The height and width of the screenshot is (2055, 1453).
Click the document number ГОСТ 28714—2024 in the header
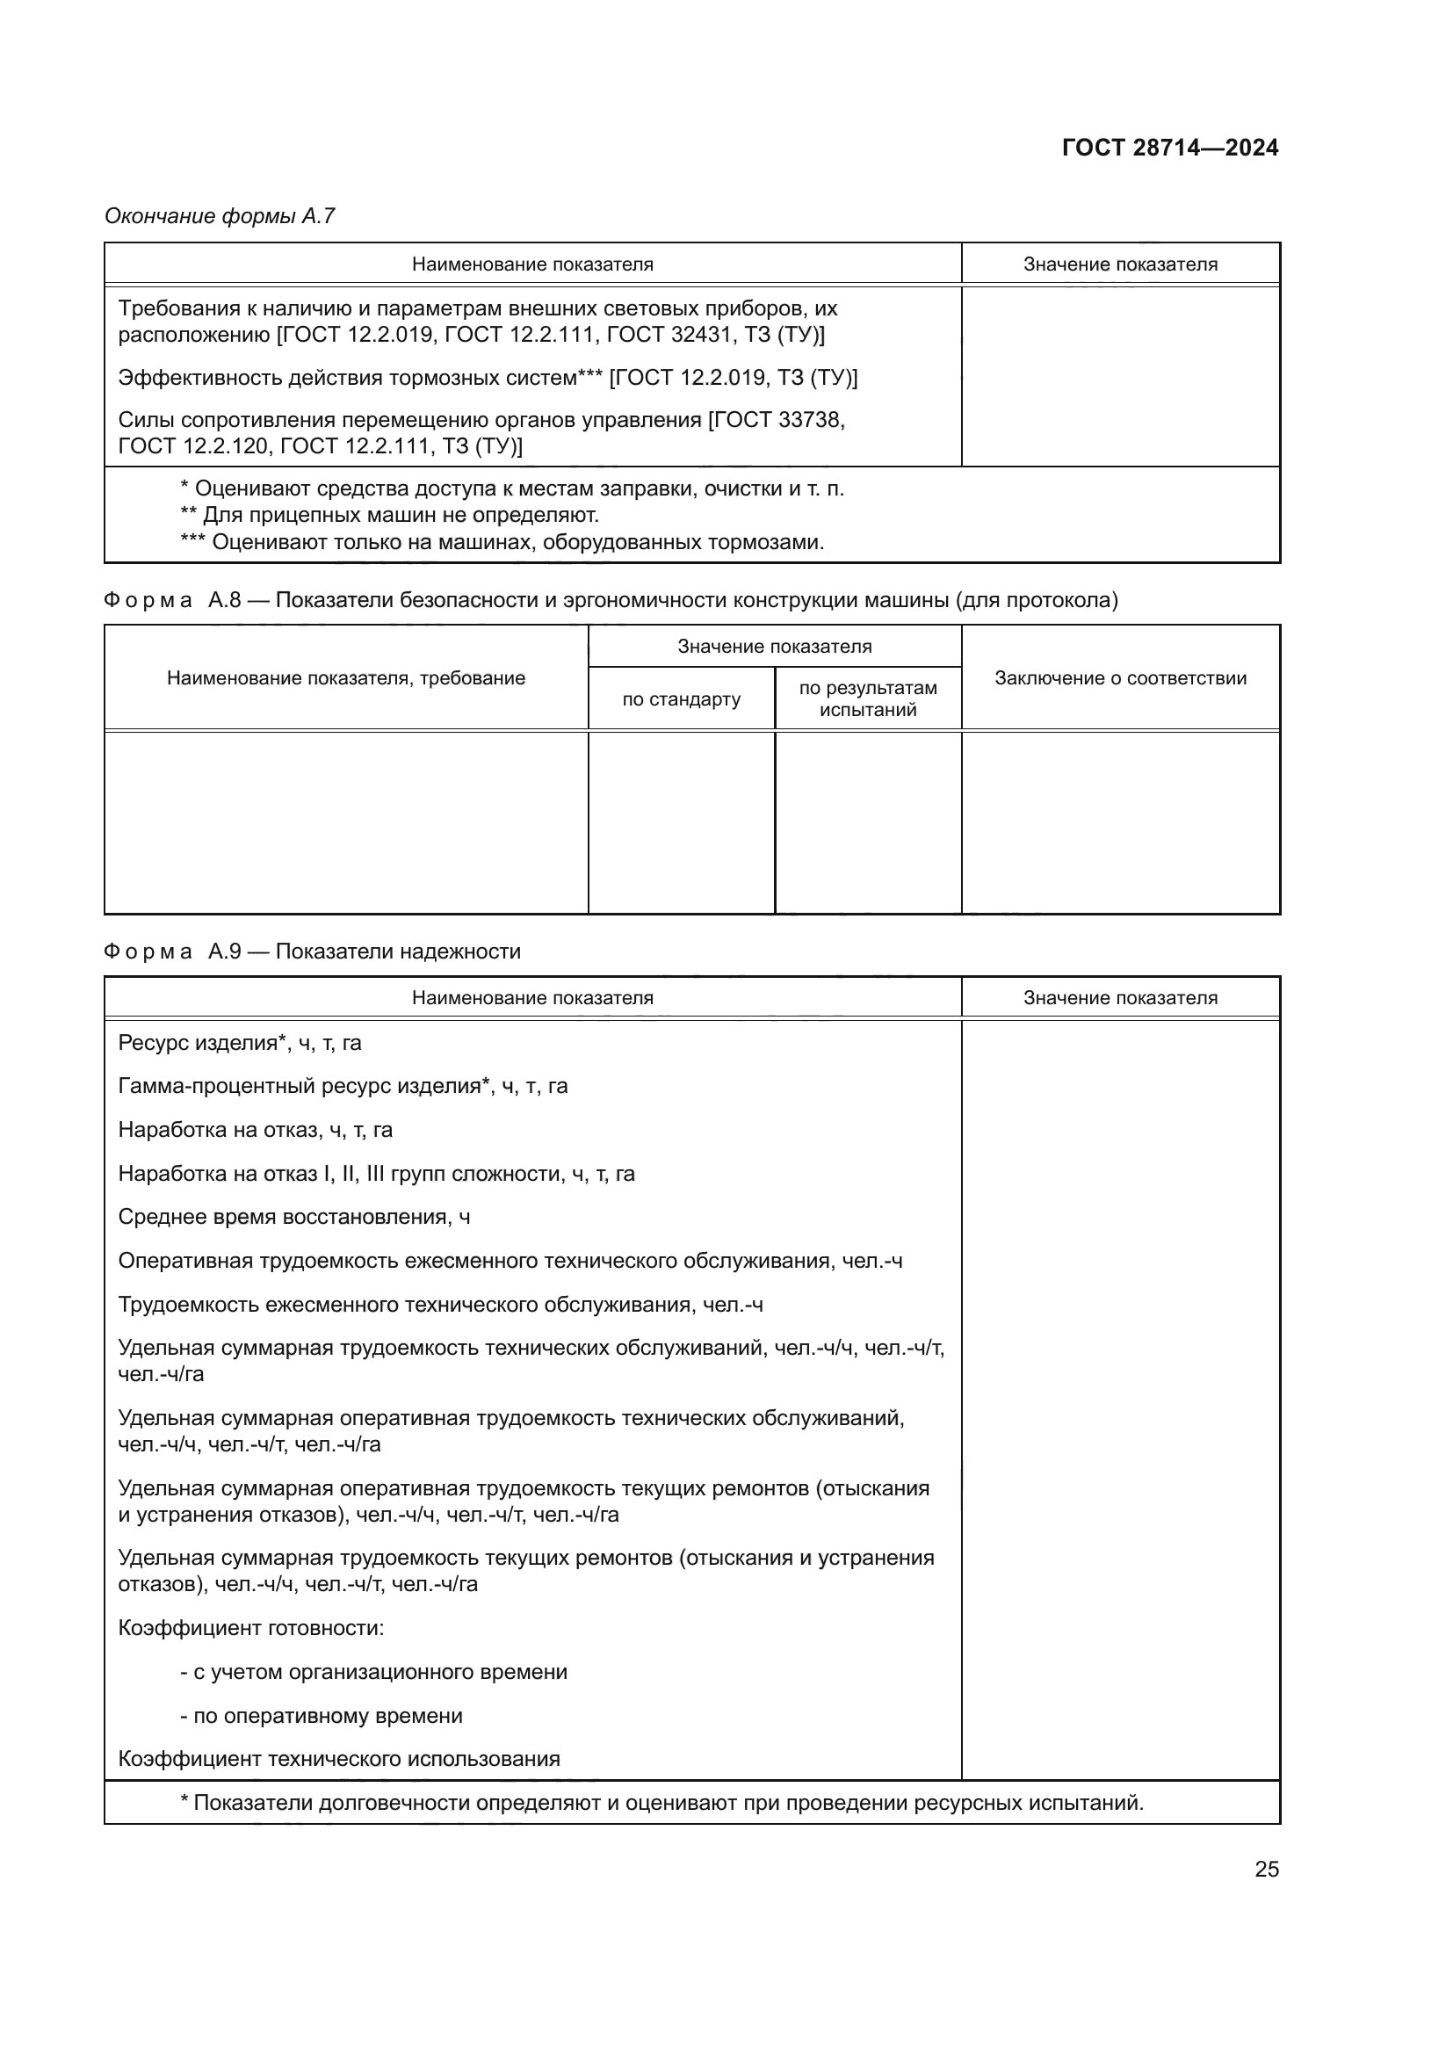coord(1169,148)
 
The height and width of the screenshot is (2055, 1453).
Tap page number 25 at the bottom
coord(1266,1869)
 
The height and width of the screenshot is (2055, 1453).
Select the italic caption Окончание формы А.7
coord(220,216)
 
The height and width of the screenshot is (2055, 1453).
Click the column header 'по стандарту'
coord(681,699)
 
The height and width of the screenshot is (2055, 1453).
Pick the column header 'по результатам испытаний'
coord(867,699)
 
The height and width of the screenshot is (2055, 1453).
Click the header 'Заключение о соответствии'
coord(1120,677)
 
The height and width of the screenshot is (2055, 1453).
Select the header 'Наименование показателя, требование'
coord(345,677)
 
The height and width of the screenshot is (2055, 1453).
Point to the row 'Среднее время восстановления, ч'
coord(293,1217)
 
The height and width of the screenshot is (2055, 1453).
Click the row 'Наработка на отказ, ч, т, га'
coord(255,1130)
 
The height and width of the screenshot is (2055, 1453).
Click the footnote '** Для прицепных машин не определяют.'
coord(389,516)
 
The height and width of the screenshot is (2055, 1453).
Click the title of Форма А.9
coord(312,952)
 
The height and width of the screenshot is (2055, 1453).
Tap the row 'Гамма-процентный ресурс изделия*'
coord(343,1086)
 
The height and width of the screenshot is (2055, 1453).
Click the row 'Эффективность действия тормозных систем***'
coord(488,378)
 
